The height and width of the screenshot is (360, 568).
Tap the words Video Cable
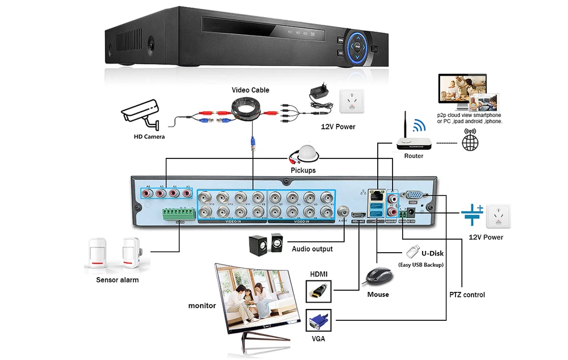[250, 90]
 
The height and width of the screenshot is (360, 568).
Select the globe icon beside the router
[470, 142]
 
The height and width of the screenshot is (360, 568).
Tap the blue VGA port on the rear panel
[414, 194]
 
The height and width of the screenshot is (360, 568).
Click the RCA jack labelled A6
[148, 194]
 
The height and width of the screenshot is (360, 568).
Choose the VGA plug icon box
[319, 321]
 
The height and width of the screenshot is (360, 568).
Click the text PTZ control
[466, 295]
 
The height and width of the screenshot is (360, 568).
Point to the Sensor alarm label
[117, 280]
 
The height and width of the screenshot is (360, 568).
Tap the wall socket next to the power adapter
[350, 101]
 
